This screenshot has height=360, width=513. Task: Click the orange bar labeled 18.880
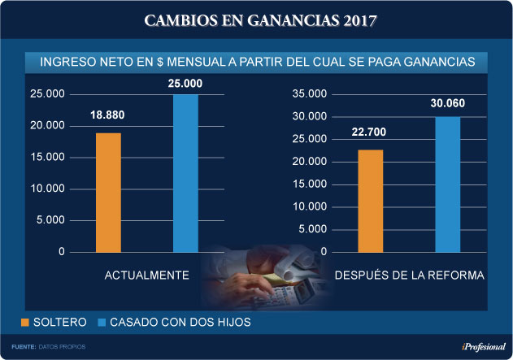point(108,192)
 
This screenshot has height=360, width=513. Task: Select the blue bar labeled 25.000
point(185,173)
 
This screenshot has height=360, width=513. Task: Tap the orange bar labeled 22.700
point(370,201)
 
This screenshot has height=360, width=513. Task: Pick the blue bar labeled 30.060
point(447,184)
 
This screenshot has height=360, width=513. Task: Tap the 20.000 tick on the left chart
point(47,126)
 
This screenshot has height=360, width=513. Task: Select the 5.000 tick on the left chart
point(50,220)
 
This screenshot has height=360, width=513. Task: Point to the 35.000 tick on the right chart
point(309,94)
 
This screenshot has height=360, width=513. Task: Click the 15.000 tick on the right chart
point(309,184)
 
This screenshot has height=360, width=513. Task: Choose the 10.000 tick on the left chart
point(47,189)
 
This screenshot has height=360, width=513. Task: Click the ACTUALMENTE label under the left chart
point(147,276)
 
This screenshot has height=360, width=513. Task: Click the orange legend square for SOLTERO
point(25,323)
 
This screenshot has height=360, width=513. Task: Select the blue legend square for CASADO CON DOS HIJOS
point(102,323)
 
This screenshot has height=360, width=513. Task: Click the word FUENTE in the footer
point(24,348)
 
